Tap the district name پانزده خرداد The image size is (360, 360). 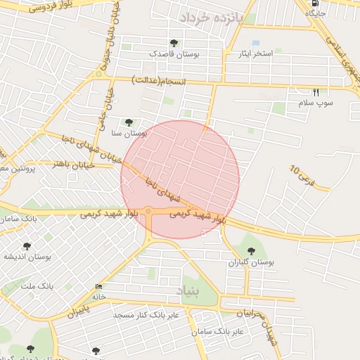[x=210, y=18]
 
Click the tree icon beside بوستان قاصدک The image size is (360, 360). [x=174, y=44]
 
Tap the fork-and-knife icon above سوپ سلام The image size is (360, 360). [x=316, y=92]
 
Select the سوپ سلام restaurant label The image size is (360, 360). [x=314, y=103]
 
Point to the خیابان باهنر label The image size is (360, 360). [x=53, y=163]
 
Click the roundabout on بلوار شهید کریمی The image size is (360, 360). [x=148, y=211]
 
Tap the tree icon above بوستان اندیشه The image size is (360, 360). [x=27, y=246]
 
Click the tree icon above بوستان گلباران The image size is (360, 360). [x=250, y=251]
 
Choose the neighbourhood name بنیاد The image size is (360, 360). [x=188, y=288]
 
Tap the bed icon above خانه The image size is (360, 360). [x=98, y=287]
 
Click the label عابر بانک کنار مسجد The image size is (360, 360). [x=146, y=314]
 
